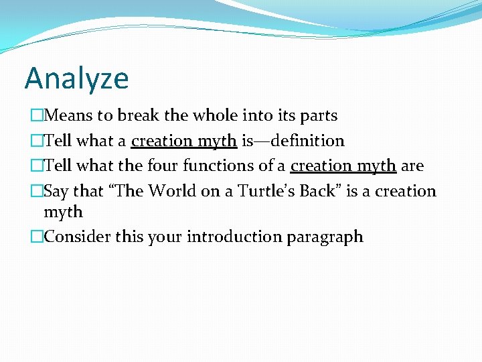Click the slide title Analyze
pos(76,79)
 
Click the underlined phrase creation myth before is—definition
pos(183,141)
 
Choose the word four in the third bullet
pos(163,166)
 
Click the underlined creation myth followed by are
pos(343,166)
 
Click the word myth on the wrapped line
pos(63,213)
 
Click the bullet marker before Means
pos(36,116)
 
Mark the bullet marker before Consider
pos(36,237)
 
